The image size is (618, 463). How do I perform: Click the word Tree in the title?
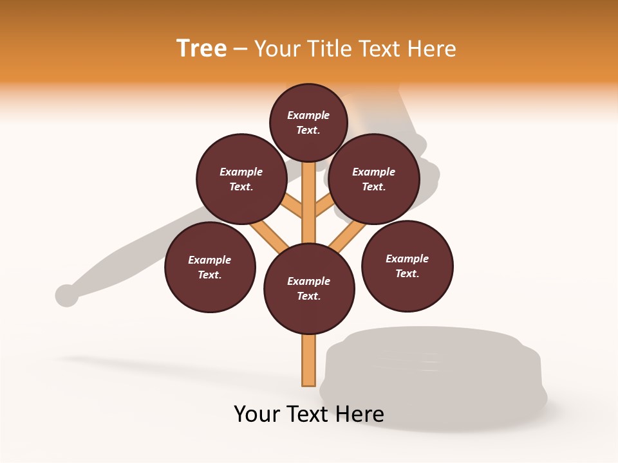click(x=201, y=48)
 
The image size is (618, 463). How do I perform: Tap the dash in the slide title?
click(x=240, y=50)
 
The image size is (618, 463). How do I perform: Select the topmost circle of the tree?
click(x=308, y=122)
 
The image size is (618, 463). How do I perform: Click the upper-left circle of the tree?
click(x=241, y=179)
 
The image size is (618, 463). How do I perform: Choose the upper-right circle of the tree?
click(x=374, y=179)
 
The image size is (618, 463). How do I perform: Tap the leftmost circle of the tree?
click(x=210, y=267)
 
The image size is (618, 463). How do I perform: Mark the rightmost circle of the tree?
click(x=407, y=266)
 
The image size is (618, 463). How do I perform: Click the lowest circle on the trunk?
click(x=309, y=288)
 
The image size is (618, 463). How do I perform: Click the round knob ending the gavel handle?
click(x=66, y=295)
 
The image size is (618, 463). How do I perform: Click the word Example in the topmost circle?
click(x=308, y=115)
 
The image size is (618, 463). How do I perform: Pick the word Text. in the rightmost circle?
click(x=407, y=273)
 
